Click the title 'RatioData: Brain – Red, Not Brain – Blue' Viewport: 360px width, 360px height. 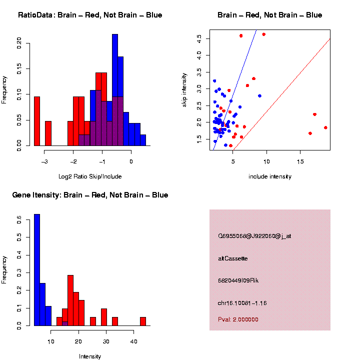(x=90, y=15)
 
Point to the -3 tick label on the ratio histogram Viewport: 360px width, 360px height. (x=44, y=162)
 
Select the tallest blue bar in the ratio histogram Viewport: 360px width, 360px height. (x=115, y=90)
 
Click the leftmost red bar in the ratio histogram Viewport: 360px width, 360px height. (x=37, y=121)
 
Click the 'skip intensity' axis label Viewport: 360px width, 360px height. (x=184, y=89)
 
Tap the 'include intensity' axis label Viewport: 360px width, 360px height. (x=270, y=176)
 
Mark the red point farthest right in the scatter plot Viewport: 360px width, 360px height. (x=325, y=127)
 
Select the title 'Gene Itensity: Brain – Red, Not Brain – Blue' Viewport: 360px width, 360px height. (x=90, y=195)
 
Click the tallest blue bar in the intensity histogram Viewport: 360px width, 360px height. (x=37, y=270)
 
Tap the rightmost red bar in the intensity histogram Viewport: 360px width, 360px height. (x=143, y=321)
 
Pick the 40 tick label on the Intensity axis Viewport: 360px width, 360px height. (x=133, y=341)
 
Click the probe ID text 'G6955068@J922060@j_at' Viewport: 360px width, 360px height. (x=254, y=236)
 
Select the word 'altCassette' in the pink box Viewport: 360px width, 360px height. (x=233, y=258)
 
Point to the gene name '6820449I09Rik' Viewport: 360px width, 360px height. (x=238, y=280)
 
